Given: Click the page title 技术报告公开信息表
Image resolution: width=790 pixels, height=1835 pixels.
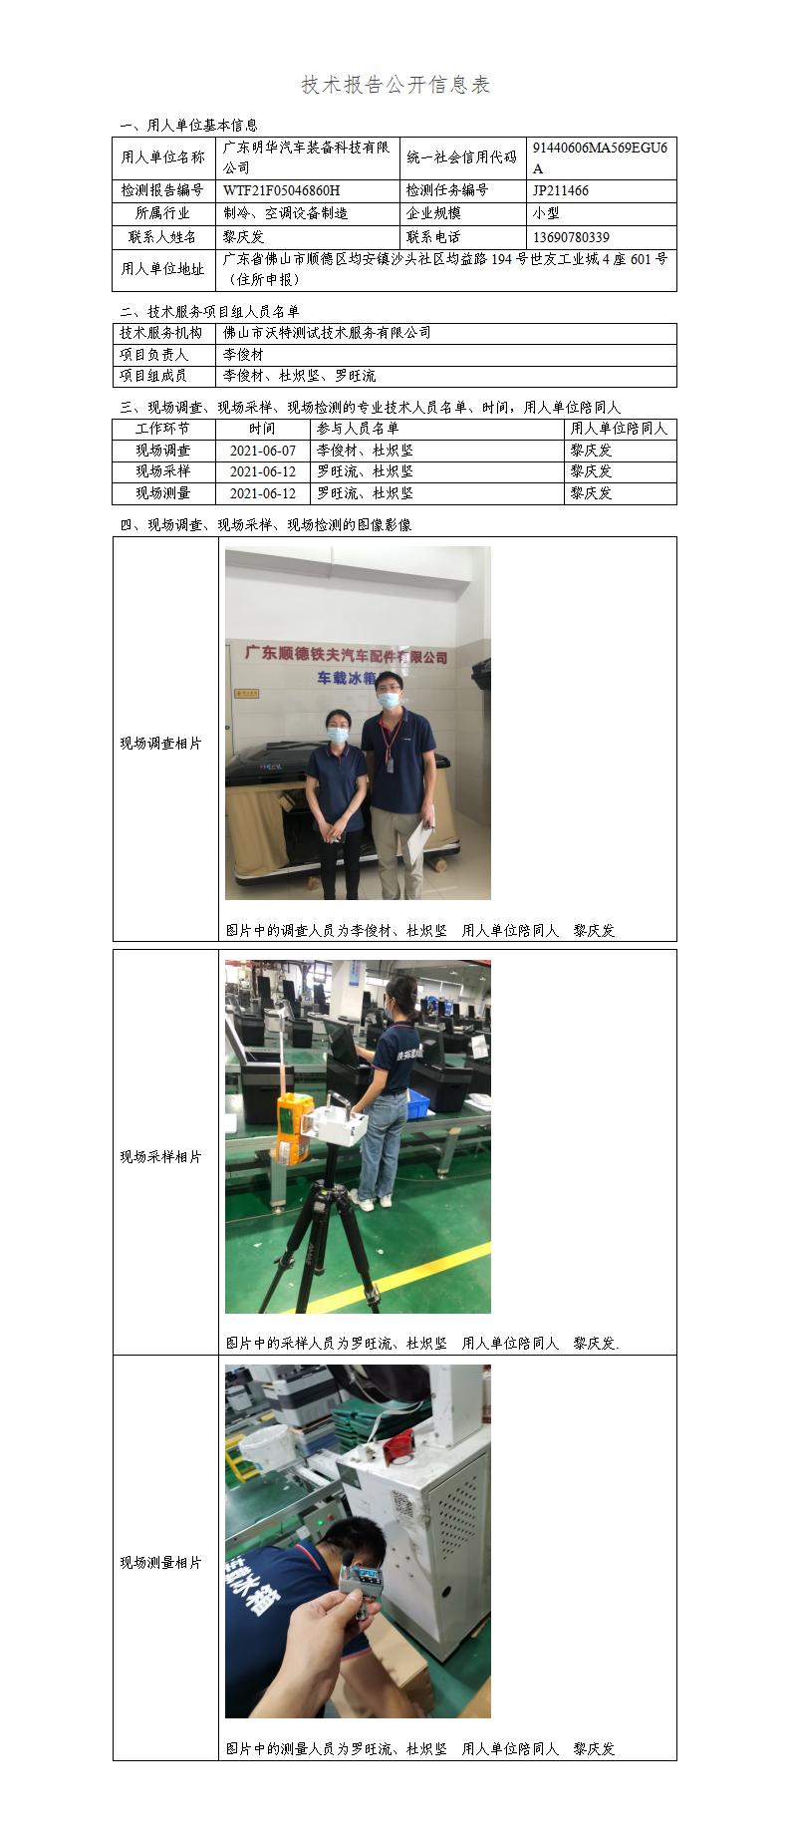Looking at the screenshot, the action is pyautogui.click(x=395, y=86).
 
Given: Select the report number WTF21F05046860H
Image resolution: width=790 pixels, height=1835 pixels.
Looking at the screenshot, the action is pyautogui.click(x=281, y=190).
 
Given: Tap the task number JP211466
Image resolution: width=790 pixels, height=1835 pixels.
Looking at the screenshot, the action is pyautogui.click(x=560, y=190).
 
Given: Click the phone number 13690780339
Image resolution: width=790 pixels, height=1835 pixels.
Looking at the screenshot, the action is pyautogui.click(x=571, y=237).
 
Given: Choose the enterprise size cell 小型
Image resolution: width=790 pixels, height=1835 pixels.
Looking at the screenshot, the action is pyautogui.click(x=546, y=213).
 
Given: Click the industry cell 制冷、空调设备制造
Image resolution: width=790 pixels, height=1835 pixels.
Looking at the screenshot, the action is pyautogui.click(x=285, y=213).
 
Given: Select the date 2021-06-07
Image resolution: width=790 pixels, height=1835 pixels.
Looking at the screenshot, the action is pyautogui.click(x=263, y=451).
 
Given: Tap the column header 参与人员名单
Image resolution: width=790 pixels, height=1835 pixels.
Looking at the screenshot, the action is pyautogui.click(x=357, y=429).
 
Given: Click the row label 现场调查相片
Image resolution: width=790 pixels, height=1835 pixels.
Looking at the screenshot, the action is pyautogui.click(x=160, y=744).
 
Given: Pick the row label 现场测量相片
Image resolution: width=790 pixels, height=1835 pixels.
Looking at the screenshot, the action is pyautogui.click(x=160, y=1563).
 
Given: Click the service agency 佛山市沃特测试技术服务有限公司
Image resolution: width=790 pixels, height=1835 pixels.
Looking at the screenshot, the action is pyautogui.click(x=327, y=333).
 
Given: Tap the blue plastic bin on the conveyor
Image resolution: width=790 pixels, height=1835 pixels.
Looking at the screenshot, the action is pyautogui.click(x=417, y=1101).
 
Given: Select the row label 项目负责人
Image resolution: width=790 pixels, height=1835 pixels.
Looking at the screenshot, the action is pyautogui.click(x=153, y=355).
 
